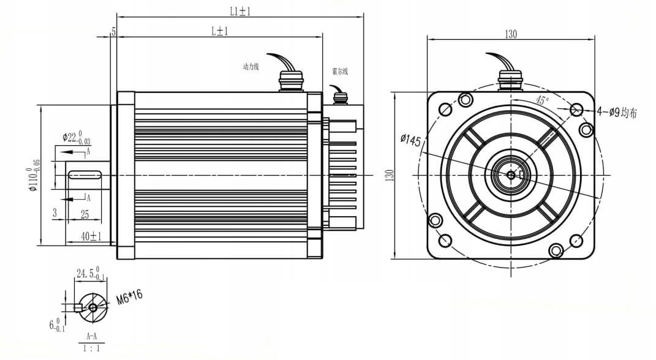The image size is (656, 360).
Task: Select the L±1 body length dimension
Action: click(219, 31)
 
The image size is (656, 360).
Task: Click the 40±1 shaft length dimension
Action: click(91, 236)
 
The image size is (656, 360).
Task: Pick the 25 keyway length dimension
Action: click(85, 214)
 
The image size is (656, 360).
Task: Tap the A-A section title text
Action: click(91, 336)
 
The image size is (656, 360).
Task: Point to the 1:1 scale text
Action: click(91, 349)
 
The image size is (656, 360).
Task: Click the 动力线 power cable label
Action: click(251, 67)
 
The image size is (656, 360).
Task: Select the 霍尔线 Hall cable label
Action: click(340, 72)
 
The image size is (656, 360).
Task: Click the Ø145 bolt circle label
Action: click(410, 141)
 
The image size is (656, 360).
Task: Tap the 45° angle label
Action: click(542, 100)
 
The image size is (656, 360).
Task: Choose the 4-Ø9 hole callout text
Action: click(617, 113)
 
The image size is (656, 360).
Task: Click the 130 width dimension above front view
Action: click(510, 34)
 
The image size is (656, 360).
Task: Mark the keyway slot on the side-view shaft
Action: click(85, 175)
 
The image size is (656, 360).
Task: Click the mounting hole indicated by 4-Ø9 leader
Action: click(576, 110)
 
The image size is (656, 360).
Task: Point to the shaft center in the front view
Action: click(511, 175)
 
